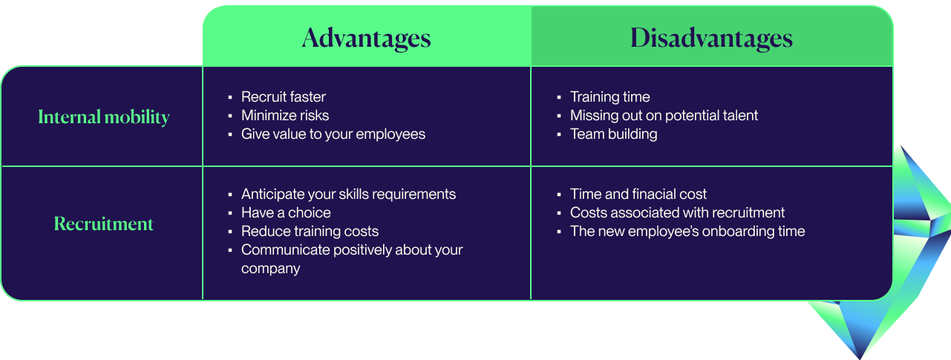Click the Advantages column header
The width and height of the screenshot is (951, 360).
coord(367,38)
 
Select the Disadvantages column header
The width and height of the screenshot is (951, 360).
coord(711,38)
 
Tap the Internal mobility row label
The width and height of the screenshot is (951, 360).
coord(104,117)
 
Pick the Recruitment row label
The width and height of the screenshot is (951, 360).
coord(104,223)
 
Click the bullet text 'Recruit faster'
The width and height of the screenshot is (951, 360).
coord(284,96)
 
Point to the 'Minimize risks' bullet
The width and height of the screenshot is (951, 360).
coord(285,116)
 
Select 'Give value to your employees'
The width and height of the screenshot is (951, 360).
coord(333,134)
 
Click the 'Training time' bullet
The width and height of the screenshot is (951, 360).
coord(610,96)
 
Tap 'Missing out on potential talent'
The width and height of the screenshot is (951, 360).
coord(664,116)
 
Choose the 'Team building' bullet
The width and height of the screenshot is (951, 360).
coord(614,134)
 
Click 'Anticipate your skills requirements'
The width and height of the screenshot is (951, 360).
coord(349,194)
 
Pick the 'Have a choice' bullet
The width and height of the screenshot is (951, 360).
coord(286,213)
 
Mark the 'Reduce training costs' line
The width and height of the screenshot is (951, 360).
coord(310,232)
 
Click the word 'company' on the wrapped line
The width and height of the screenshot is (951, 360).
coord(271,269)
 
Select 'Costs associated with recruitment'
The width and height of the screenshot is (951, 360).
coord(678,213)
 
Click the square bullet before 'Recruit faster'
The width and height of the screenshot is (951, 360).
coord(230,98)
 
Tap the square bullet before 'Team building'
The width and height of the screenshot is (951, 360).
coord(559,135)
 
